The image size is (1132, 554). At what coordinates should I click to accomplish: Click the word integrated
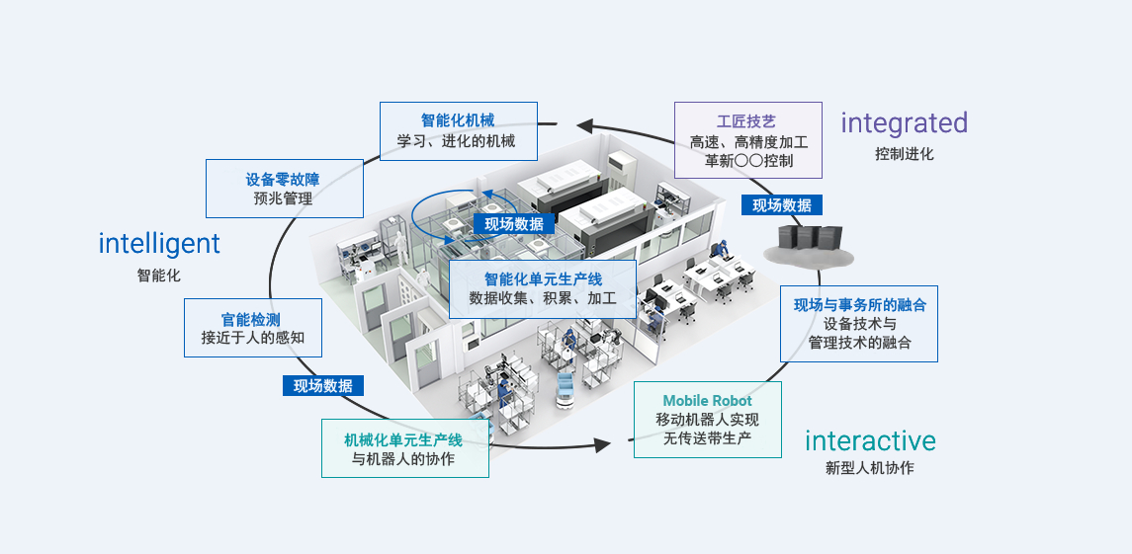904,123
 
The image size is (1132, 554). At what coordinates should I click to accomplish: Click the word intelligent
159,243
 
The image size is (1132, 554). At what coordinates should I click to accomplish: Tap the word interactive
870,440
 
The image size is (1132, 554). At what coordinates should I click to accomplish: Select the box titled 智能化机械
458,130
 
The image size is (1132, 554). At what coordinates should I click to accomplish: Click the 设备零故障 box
284,189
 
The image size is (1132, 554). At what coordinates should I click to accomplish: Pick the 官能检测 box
253,328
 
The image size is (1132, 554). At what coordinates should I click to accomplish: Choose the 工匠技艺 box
747,140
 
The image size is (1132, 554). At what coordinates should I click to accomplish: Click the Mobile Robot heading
707,401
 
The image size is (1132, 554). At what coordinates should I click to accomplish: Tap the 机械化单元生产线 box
404,448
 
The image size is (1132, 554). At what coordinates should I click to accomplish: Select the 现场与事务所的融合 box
859,324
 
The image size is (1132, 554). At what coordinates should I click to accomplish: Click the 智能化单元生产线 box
543,288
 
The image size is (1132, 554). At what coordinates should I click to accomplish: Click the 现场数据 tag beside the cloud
782,205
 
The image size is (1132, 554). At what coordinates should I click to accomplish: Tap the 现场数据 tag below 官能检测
323,386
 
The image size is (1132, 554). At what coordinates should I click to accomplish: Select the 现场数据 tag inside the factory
514,224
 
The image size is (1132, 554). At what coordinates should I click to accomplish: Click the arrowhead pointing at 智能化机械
585,125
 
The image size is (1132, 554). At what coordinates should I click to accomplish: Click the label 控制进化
904,154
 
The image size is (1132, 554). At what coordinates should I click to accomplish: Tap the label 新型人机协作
870,468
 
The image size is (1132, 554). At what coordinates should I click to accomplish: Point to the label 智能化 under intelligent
159,276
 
